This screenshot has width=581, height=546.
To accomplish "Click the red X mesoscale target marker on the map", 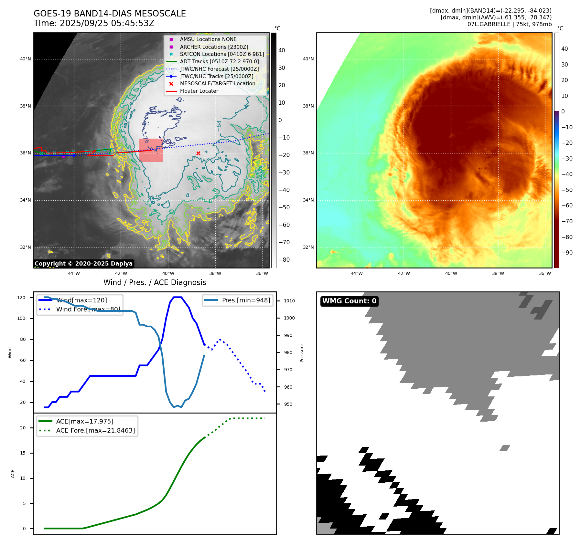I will point(198,153).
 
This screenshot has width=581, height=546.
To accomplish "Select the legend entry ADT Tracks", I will point(219,61).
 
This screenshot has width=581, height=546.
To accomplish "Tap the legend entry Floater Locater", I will point(199,91).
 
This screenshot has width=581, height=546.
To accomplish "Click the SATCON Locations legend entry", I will point(222,54).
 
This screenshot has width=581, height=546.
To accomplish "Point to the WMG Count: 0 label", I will point(349,301).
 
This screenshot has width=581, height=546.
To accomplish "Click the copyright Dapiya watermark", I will point(83,264).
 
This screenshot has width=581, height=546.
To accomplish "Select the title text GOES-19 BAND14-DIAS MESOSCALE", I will point(110,14).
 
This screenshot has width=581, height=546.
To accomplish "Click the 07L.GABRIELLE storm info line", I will point(509,24).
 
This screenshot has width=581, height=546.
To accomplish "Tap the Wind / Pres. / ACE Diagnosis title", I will point(155,282).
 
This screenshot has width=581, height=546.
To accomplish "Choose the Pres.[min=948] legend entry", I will point(246,300).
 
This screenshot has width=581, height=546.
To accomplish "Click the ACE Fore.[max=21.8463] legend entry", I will point(95,430).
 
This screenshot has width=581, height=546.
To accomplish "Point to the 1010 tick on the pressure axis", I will point(289,301).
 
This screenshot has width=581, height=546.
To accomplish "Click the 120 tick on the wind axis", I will point(21,298).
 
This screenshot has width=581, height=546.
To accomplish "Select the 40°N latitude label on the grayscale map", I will point(26,59).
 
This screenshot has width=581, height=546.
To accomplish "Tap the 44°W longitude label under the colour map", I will point(357,273).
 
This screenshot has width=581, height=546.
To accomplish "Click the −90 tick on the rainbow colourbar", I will point(567,253).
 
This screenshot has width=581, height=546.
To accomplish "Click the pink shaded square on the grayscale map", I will point(151,150).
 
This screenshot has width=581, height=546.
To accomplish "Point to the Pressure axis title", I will point(302,353).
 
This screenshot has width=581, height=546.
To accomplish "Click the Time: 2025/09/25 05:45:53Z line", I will point(94,23).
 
